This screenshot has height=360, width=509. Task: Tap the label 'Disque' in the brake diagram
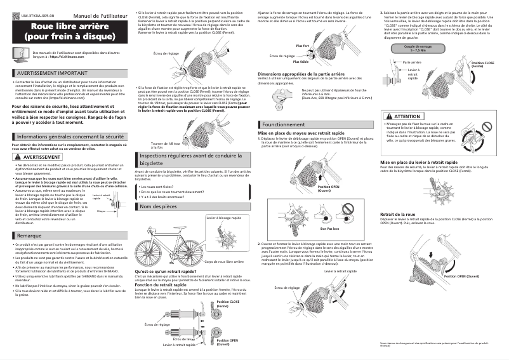(x=101, y=211)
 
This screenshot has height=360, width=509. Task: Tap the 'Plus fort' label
(x=303, y=46)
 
